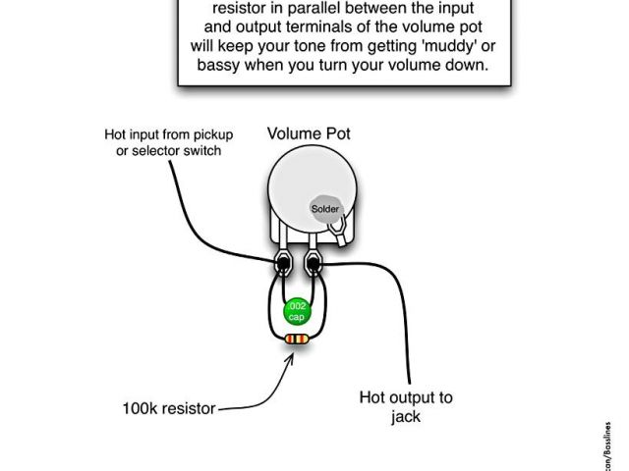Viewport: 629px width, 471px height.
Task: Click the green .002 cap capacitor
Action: (x=296, y=311)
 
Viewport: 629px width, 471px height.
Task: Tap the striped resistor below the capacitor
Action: (x=296, y=339)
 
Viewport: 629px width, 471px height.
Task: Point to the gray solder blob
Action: (x=326, y=208)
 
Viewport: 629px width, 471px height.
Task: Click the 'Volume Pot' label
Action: (x=309, y=133)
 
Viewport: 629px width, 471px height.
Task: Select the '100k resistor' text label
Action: (x=168, y=408)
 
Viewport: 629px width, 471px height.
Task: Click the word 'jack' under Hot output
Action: (x=405, y=416)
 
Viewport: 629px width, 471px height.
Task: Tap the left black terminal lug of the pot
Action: (x=282, y=263)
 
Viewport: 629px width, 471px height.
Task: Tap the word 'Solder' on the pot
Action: (x=324, y=208)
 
